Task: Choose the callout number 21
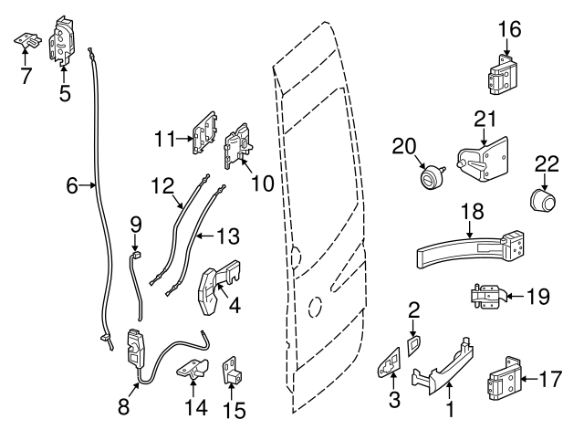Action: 485,117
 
